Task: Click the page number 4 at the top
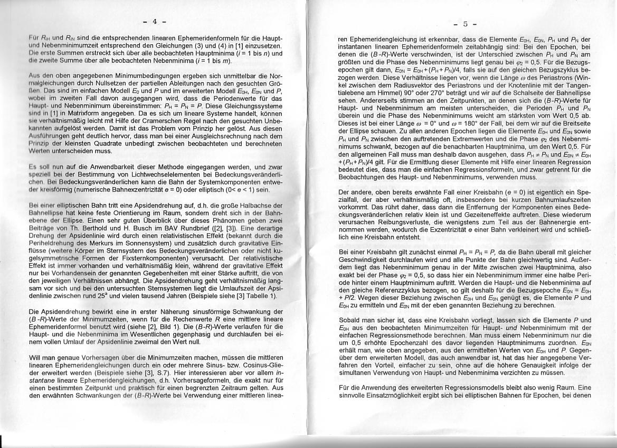tap(155, 22)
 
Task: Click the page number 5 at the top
tap(466, 24)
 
